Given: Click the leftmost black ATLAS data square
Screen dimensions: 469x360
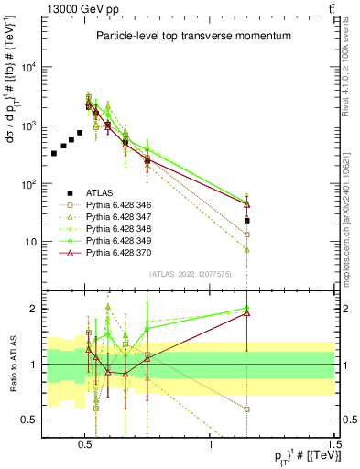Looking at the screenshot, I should tap(55, 153).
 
